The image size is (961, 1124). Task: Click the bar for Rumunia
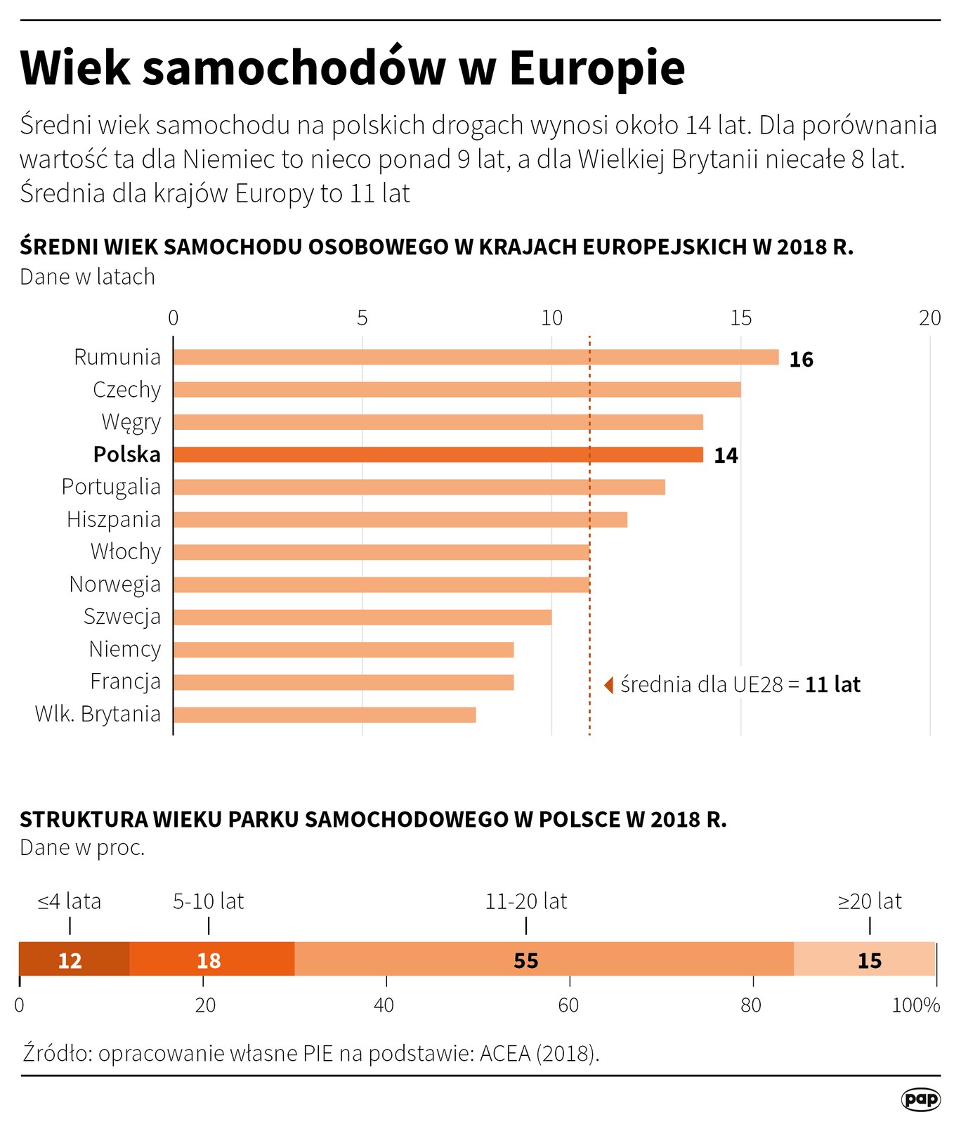tap(476, 357)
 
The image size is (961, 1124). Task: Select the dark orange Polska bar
tap(438, 455)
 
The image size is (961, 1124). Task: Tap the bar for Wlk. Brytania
tap(325, 714)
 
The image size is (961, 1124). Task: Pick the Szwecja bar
tap(362, 617)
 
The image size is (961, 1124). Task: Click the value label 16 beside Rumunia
tap(801, 360)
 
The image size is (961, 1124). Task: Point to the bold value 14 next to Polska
tap(726, 456)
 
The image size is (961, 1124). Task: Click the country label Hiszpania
tap(114, 519)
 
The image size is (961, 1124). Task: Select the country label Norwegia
tap(115, 584)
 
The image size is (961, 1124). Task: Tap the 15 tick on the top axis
tap(740, 318)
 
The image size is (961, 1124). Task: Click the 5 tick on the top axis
tap(362, 318)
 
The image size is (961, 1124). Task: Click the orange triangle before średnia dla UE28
tap(609, 684)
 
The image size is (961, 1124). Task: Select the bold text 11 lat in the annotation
tap(832, 684)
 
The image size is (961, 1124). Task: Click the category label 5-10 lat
tap(209, 901)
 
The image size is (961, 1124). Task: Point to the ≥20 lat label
tap(870, 901)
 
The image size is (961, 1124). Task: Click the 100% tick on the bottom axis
tap(915, 1005)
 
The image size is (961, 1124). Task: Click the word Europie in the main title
tap(596, 68)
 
